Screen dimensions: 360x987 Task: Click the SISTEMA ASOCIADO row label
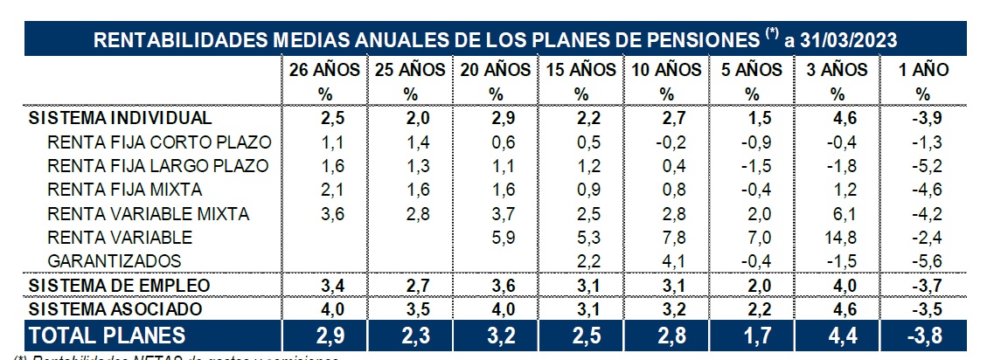click(x=116, y=308)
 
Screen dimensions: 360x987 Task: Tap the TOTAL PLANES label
click(x=108, y=335)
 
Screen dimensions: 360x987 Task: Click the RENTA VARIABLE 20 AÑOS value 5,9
click(x=495, y=237)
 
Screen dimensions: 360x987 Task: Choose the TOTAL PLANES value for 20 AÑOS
click(x=495, y=335)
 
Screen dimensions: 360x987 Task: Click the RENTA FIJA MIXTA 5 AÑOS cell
click(x=751, y=190)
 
